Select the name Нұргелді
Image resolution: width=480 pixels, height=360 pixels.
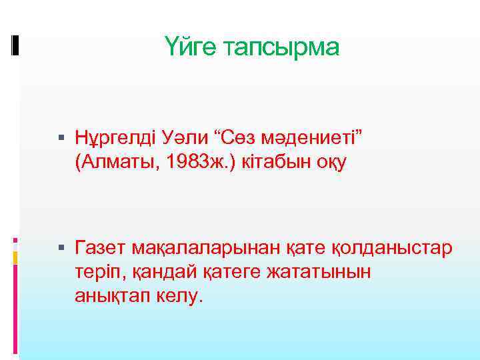115,138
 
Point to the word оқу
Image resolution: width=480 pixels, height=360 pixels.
331,162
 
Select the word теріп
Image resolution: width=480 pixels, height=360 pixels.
97,272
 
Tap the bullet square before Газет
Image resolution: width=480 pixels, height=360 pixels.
61,249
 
